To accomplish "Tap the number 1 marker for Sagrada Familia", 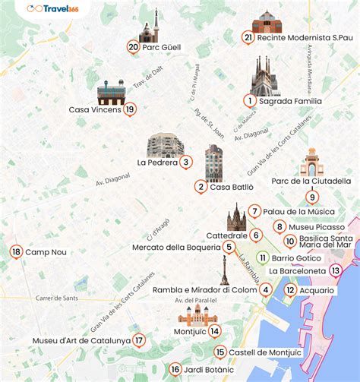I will [x=249, y=100].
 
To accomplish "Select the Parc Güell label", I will [x=160, y=47].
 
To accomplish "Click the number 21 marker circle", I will [x=248, y=37].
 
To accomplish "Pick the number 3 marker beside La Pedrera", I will [x=186, y=162].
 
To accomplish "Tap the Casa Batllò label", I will [x=232, y=187].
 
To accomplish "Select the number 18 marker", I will [x=16, y=251].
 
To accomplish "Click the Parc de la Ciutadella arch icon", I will [x=311, y=162].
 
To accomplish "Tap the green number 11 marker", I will [x=263, y=257].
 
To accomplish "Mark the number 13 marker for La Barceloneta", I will [x=336, y=270].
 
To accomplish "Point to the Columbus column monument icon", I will [x=224, y=270].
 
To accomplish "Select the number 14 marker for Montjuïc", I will [x=215, y=330].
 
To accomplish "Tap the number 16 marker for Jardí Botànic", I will [x=175, y=369].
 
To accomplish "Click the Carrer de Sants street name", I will [x=56, y=298].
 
